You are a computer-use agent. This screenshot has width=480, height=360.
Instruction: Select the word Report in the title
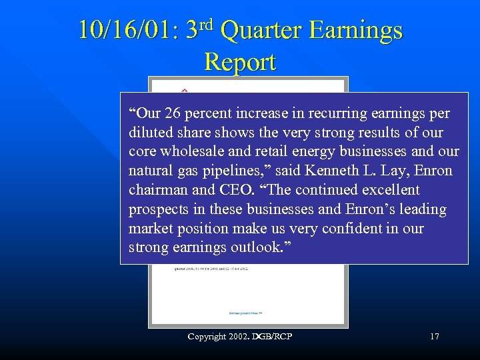(240, 62)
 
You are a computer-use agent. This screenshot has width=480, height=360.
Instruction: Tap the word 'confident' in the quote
(381, 229)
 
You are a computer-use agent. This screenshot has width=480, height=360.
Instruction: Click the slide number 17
(434, 337)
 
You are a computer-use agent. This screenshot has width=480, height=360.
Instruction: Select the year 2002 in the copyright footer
(239, 337)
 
